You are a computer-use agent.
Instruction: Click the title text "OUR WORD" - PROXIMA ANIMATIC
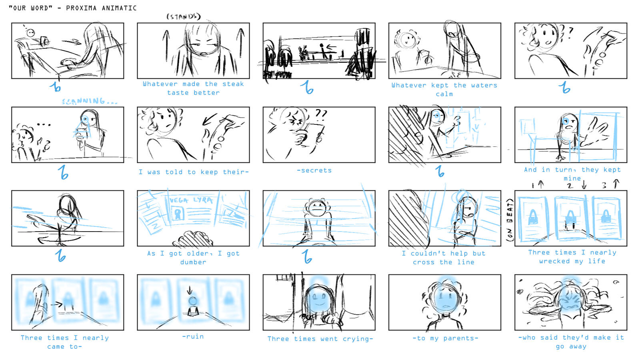[73, 8]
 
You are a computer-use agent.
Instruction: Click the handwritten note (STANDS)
[183, 16]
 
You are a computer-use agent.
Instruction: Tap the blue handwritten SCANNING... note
[89, 101]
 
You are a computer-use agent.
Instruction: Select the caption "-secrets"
[314, 170]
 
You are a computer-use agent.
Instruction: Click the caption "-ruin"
[193, 336]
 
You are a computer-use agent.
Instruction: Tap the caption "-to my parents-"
[445, 338]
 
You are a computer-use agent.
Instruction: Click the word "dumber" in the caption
[193, 262]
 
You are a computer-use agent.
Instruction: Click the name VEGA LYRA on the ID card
[191, 200]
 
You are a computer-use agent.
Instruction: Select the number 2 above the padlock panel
[570, 185]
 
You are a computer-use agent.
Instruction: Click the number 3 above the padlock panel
[604, 185]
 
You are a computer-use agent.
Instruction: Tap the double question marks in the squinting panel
[321, 115]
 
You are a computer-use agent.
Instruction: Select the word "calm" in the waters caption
[444, 94]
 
